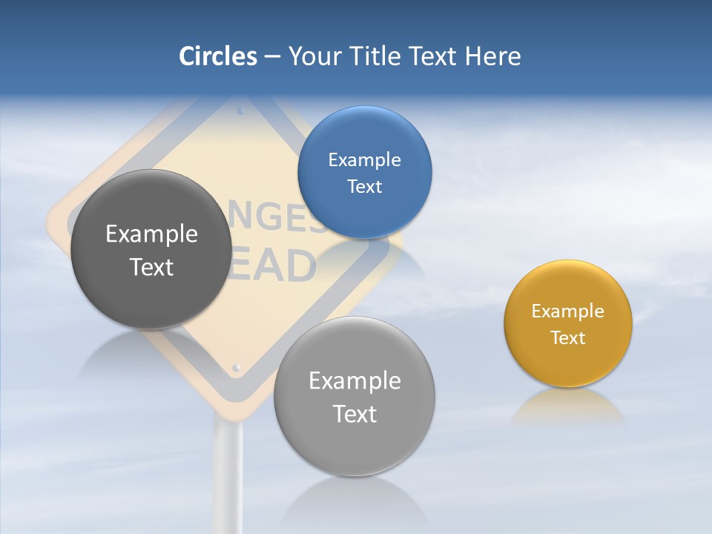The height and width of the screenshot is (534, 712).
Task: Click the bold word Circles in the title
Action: [x=217, y=56]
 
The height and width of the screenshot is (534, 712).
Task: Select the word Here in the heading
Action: [x=492, y=56]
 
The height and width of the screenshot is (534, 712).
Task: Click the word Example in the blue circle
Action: [x=364, y=159]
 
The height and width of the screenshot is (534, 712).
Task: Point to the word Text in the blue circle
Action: [x=364, y=186]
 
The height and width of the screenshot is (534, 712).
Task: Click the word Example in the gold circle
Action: [x=567, y=311]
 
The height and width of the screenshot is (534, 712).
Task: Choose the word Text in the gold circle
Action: [x=567, y=337]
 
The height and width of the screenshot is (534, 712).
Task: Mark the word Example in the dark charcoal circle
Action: [x=151, y=234]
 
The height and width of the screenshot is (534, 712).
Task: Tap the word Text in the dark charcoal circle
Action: [x=151, y=267]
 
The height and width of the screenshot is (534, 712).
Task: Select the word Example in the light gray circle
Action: [x=354, y=381]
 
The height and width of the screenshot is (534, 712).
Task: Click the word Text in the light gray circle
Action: [x=354, y=414]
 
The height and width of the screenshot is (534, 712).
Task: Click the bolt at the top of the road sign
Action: [x=240, y=112]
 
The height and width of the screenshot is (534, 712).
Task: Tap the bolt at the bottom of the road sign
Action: [x=237, y=367]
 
